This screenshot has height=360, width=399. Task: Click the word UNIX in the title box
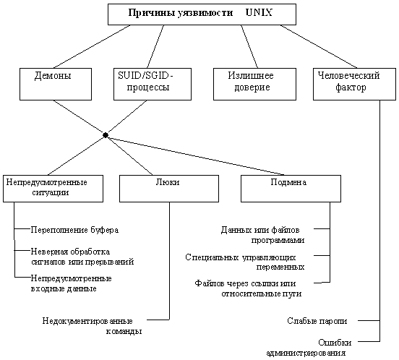click(259, 13)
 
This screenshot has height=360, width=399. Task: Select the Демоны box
click(56, 84)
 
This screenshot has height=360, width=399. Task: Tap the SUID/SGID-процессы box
click(153, 84)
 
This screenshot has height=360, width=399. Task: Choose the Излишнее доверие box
click(254, 84)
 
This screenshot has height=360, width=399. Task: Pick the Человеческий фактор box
click(354, 84)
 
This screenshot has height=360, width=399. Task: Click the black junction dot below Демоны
click(106, 135)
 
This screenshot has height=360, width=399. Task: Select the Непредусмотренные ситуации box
click(53, 189)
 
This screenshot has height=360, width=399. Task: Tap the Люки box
click(169, 189)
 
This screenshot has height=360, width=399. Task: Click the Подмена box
click(291, 189)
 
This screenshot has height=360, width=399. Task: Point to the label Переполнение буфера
click(74, 230)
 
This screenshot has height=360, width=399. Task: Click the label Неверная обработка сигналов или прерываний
click(82, 257)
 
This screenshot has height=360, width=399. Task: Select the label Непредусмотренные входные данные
click(72, 283)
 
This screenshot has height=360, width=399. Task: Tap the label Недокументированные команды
click(92, 326)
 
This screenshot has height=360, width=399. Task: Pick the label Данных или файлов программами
click(262, 235)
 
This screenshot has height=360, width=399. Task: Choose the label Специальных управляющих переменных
click(245, 262)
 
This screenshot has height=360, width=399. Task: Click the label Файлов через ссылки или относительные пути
click(248, 288)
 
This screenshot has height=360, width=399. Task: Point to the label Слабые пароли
click(317, 321)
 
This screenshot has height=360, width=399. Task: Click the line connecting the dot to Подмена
click(195, 155)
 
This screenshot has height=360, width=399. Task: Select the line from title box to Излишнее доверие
click(249, 46)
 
